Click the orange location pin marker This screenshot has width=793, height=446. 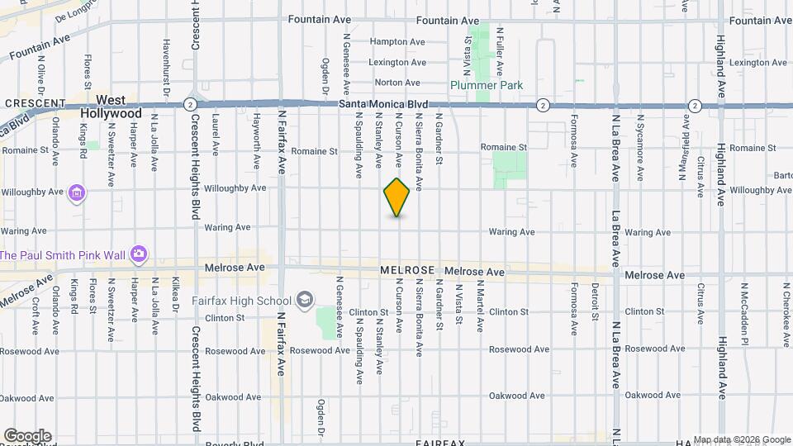[397, 197]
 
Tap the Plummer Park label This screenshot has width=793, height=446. [487, 85]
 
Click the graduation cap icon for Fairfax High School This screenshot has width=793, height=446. [305, 299]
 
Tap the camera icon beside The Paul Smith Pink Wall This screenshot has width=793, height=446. [139, 254]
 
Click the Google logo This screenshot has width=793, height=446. [27, 436]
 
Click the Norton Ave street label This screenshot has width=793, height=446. [397, 83]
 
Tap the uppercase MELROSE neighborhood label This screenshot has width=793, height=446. [407, 270]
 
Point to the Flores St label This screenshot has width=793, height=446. [88, 73]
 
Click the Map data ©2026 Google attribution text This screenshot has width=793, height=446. [741, 439]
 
